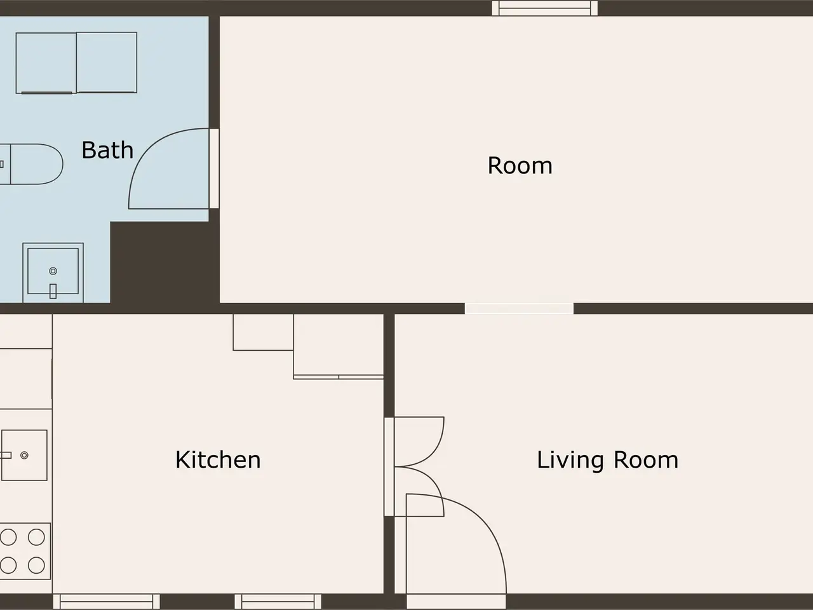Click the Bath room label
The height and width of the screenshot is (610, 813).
pyautogui.click(x=107, y=150)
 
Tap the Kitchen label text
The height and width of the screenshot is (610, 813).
pyautogui.click(x=218, y=459)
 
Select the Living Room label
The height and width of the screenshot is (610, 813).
pyautogui.click(x=607, y=461)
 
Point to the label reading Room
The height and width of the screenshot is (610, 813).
pyautogui.click(x=520, y=165)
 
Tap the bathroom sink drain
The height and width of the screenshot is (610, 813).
pyautogui.click(x=53, y=271)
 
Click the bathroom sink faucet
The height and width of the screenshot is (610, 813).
pyautogui.click(x=53, y=291)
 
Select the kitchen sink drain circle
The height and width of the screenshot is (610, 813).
pyautogui.click(x=24, y=455)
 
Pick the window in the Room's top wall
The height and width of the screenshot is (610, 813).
pyautogui.click(x=544, y=8)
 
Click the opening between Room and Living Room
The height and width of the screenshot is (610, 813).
pyautogui.click(x=520, y=309)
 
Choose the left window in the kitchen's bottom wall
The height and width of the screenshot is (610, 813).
pyautogui.click(x=106, y=601)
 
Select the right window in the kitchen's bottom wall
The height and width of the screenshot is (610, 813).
pyautogui.click(x=278, y=601)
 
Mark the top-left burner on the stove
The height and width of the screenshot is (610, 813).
pyautogui.click(x=8, y=537)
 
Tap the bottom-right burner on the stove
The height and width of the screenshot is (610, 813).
pyautogui.click(x=36, y=566)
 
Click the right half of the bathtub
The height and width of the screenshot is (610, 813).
pyautogui.click(x=107, y=62)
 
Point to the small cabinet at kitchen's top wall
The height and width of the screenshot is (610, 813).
pyautogui.click(x=264, y=332)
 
